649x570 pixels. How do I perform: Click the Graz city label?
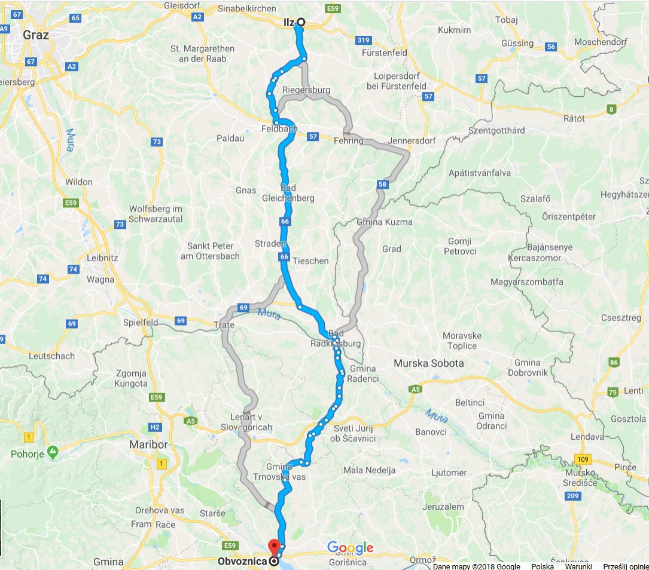coord(35,35)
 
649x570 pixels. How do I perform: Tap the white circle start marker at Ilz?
coord(300,22)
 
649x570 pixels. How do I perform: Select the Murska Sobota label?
coord(429,363)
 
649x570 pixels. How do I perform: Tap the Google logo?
coord(350,548)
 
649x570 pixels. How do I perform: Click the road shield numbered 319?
coord(362,41)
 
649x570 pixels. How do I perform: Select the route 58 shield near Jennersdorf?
coord(382,185)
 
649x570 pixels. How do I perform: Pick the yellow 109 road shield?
coord(584,458)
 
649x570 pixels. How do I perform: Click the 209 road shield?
coord(572,496)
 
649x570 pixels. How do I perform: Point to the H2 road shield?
coord(155,427)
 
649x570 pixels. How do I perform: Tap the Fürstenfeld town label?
coord(385,53)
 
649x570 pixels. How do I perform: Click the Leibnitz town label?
coord(102,258)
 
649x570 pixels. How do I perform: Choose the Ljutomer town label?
coord(449,473)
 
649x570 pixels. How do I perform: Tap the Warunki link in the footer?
coord(578,566)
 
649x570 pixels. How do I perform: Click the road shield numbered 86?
coord(613,362)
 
